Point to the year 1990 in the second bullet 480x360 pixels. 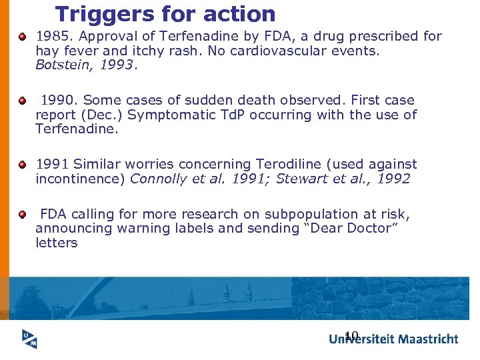pos(59,101)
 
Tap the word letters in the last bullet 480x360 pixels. pos(57,243)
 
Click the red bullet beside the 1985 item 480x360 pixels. pos(23,37)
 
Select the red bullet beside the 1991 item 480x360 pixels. pos(23,164)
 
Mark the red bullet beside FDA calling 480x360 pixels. pos(23,214)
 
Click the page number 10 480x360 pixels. pos(352,335)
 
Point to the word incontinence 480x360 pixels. pos(81,178)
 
